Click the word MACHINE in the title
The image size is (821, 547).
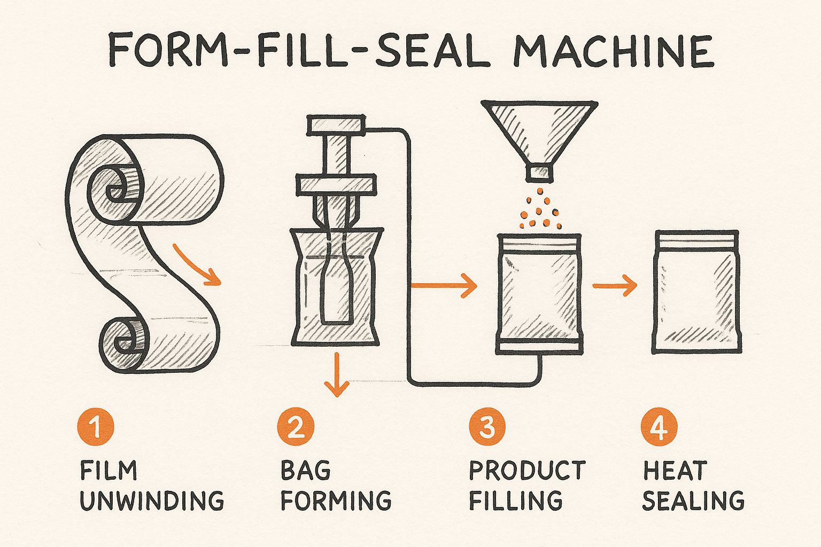click(613, 50)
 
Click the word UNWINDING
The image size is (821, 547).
click(152, 501)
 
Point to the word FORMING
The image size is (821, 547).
click(336, 501)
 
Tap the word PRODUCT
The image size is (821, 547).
click(527, 471)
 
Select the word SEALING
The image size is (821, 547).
click(693, 501)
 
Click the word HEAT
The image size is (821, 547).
click(675, 471)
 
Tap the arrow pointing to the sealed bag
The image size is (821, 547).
click(615, 287)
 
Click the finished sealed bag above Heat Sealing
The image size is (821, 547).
click(696, 292)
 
